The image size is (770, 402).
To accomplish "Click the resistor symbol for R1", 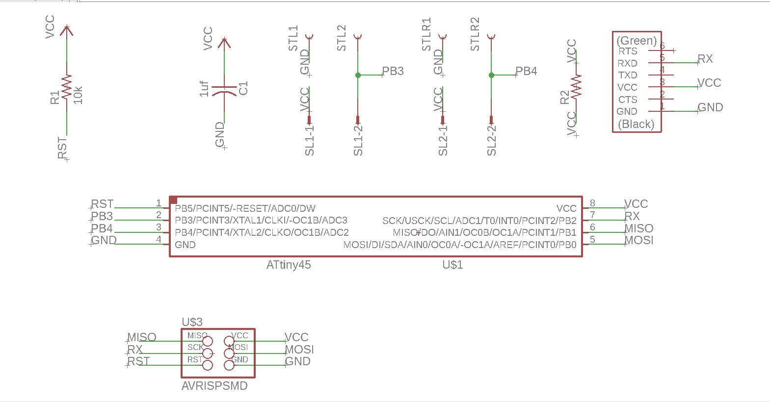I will pyautogui.click(x=67, y=88).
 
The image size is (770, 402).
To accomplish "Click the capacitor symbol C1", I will pyautogui.click(x=224, y=89).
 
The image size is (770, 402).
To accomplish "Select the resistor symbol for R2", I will pyautogui.click(x=576, y=87).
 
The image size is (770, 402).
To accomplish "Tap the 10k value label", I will pyautogui.click(x=78, y=95).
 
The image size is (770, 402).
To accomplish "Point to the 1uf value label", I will pyautogui.click(x=204, y=89).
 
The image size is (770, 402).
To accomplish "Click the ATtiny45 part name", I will pyautogui.click(x=289, y=265).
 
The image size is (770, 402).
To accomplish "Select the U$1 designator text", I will pyautogui.click(x=452, y=265).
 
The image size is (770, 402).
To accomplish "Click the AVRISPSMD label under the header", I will pyautogui.click(x=214, y=386).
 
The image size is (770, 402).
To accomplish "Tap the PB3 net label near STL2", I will pyautogui.click(x=393, y=72).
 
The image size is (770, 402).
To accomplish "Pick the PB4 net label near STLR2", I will pyautogui.click(x=526, y=72).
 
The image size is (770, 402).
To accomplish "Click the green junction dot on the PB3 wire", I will pyautogui.click(x=358, y=75).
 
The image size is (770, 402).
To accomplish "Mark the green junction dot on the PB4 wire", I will pyautogui.click(x=491, y=75).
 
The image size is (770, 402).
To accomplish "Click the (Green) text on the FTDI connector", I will pyautogui.click(x=637, y=41).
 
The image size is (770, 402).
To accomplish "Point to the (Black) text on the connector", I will pyautogui.click(x=636, y=125).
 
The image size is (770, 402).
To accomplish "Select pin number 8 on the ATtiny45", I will pyautogui.click(x=592, y=203).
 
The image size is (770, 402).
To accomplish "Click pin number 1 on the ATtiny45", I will pyautogui.click(x=159, y=203).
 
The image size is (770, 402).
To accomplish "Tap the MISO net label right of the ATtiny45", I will pyautogui.click(x=639, y=228).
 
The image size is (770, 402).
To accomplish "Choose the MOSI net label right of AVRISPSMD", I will pyautogui.click(x=299, y=350).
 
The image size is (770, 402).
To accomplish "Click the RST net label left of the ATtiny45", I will pyautogui.click(x=102, y=204).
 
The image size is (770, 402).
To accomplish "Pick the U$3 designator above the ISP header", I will pyautogui.click(x=192, y=322).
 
